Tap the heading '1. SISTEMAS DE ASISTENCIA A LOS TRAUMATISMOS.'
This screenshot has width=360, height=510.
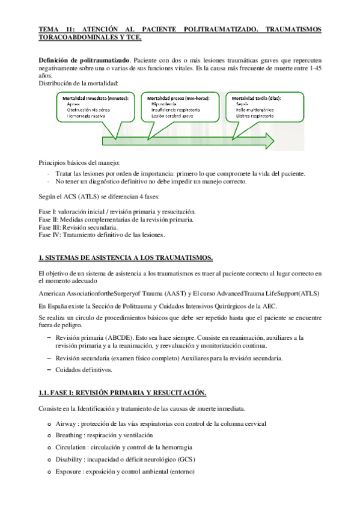tap(125, 257)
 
